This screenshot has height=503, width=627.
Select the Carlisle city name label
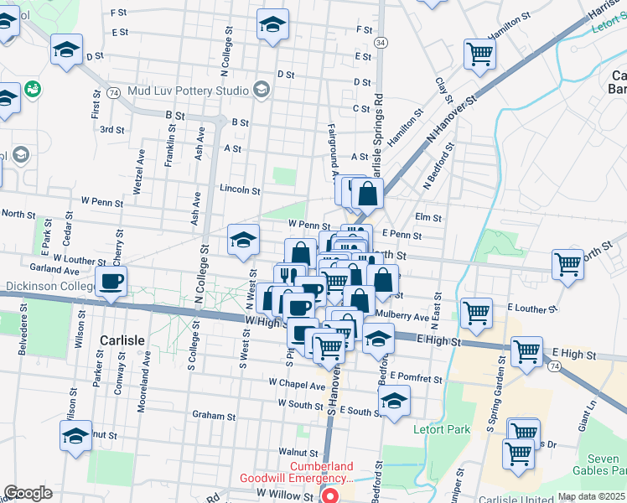coord(122,340)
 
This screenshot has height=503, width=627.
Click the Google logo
coord(28,493)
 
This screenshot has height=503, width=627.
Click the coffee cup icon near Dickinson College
coord(111,282)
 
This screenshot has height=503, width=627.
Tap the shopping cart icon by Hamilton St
coord(480,54)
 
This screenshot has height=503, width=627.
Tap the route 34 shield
coord(381,42)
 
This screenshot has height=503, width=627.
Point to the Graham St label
coord(213,415)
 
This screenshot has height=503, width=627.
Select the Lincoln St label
coord(240,189)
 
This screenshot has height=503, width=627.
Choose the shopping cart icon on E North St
coord(567,263)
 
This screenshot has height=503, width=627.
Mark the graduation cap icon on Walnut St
coord(75,436)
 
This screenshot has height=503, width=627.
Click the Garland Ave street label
coord(54,271)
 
